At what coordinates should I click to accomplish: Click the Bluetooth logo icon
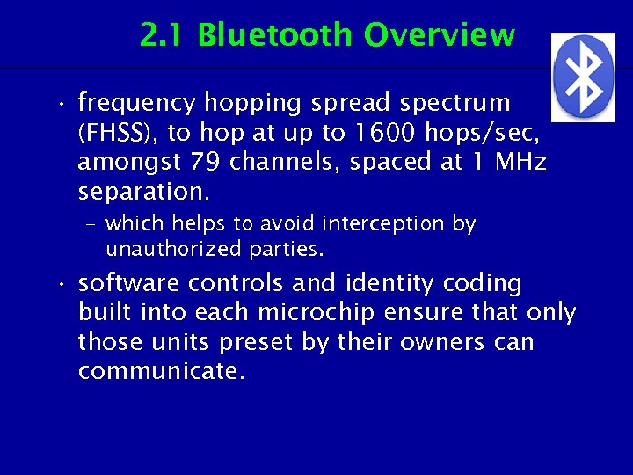pyautogui.click(x=583, y=77)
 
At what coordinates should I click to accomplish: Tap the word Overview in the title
pyautogui.click(x=439, y=35)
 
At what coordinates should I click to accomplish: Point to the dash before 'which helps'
pyautogui.click(x=91, y=224)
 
